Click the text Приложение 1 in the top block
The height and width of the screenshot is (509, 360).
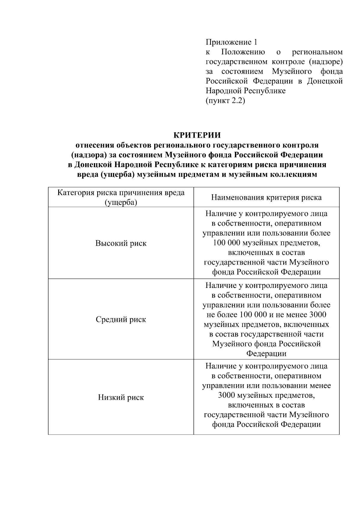coord(231,42)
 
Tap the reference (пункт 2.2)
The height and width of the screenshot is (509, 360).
coord(225,100)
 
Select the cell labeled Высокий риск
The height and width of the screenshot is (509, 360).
coord(121,243)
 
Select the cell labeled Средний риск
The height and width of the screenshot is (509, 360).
coord(121,319)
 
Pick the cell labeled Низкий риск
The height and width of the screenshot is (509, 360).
coord(121,397)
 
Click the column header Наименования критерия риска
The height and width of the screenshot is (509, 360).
coord(266,197)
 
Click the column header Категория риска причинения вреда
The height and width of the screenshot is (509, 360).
coord(121,193)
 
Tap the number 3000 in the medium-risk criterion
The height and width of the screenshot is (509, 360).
coord(317,315)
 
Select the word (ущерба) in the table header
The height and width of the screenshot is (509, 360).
coord(121,202)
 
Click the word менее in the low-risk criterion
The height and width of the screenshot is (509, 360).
coord(320,385)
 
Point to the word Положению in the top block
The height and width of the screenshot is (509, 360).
coord(243,52)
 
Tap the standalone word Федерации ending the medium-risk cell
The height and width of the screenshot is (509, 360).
coord(266,353)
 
